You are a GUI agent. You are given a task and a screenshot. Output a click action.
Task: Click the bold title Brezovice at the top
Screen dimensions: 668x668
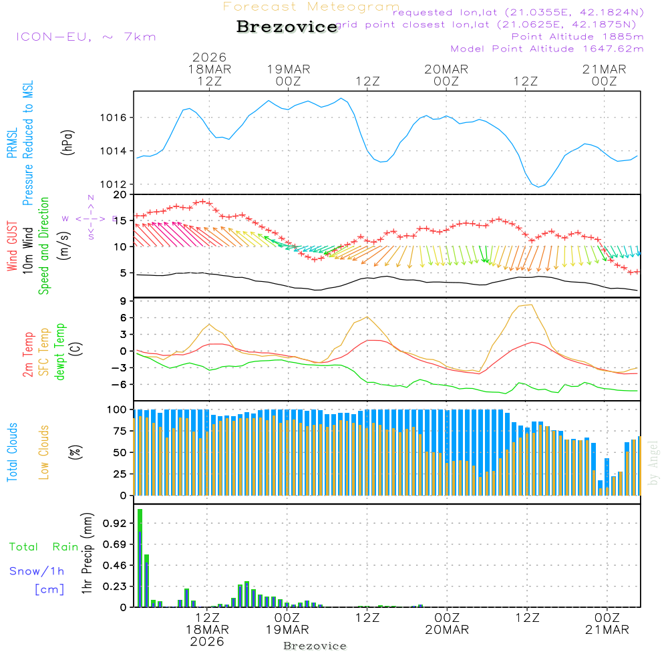click(287, 27)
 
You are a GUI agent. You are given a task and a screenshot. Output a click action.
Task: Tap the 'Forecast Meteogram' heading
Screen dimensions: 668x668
click(311, 7)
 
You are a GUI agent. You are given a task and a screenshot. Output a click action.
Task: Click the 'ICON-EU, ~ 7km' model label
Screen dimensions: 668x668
click(86, 36)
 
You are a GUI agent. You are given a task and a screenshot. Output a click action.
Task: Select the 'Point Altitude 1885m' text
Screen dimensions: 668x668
click(577, 37)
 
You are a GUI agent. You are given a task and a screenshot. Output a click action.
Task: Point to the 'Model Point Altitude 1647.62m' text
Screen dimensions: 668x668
click(547, 49)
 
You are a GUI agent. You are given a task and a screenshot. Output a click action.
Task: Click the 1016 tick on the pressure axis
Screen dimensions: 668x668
click(114, 118)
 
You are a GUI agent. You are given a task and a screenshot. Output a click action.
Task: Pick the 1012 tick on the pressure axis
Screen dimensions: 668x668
click(114, 184)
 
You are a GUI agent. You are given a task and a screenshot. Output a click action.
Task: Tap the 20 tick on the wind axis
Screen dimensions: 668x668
click(120, 194)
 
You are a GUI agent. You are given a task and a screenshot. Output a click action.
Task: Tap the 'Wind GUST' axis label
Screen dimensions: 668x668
click(12, 248)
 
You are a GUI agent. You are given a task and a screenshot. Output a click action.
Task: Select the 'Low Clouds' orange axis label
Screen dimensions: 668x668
click(44, 451)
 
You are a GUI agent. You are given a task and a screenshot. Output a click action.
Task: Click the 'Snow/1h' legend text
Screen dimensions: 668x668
click(37, 571)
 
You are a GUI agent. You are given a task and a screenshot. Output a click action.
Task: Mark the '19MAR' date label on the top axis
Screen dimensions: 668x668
click(289, 69)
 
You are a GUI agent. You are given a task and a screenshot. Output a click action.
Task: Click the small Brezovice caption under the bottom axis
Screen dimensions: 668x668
click(315, 646)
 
